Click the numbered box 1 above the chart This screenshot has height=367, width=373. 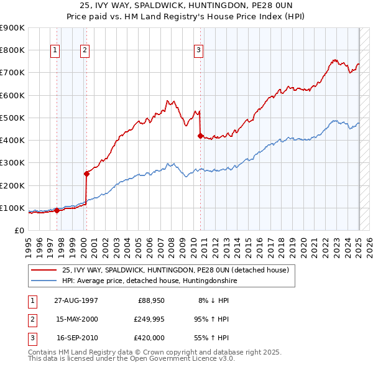(x=55, y=51)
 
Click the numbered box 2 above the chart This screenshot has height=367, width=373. (x=85, y=51)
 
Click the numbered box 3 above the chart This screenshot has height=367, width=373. (x=198, y=51)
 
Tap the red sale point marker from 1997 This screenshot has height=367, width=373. (x=57, y=210)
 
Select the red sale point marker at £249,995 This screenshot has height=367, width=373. (x=86, y=174)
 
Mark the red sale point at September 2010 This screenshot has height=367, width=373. (x=200, y=136)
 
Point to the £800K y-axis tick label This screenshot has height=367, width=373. (x=12, y=50)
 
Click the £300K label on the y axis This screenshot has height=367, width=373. (x=12, y=163)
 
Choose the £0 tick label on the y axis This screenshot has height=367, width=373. (x=19, y=231)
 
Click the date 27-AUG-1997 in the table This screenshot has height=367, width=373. (x=76, y=300)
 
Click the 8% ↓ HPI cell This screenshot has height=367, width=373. (x=213, y=300)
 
